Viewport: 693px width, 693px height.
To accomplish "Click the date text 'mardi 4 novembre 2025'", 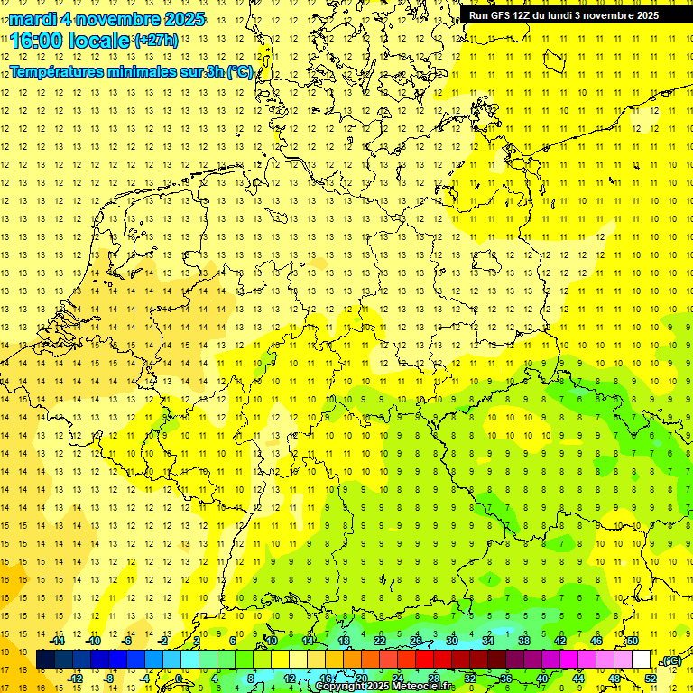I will pyautogui.click(x=107, y=19).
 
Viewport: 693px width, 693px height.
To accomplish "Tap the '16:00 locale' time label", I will pyautogui.click(x=70, y=41).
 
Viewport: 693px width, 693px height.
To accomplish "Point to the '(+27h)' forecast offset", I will pyautogui.click(x=155, y=41).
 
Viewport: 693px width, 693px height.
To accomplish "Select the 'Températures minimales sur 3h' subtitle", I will pyautogui.click(x=131, y=71).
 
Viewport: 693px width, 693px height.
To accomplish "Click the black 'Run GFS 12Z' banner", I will pyautogui.click(x=563, y=15).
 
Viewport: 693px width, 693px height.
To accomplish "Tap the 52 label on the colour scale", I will pyautogui.click(x=651, y=678).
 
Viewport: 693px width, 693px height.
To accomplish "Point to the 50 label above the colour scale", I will pyautogui.click(x=633, y=641).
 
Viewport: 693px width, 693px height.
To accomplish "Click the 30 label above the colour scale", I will pyautogui.click(x=452, y=641).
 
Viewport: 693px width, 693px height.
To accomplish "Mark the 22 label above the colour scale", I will pyautogui.click(x=380, y=641).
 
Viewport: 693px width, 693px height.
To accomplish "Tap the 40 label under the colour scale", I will pyautogui.click(x=542, y=678).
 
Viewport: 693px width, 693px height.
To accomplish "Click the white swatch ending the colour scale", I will pyautogui.click(x=642, y=660).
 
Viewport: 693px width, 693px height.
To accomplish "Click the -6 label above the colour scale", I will pyautogui.click(x=127, y=641).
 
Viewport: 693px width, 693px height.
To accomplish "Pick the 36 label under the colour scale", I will pyautogui.click(x=506, y=678).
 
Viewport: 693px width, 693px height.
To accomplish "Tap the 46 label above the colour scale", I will pyautogui.click(x=596, y=641).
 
